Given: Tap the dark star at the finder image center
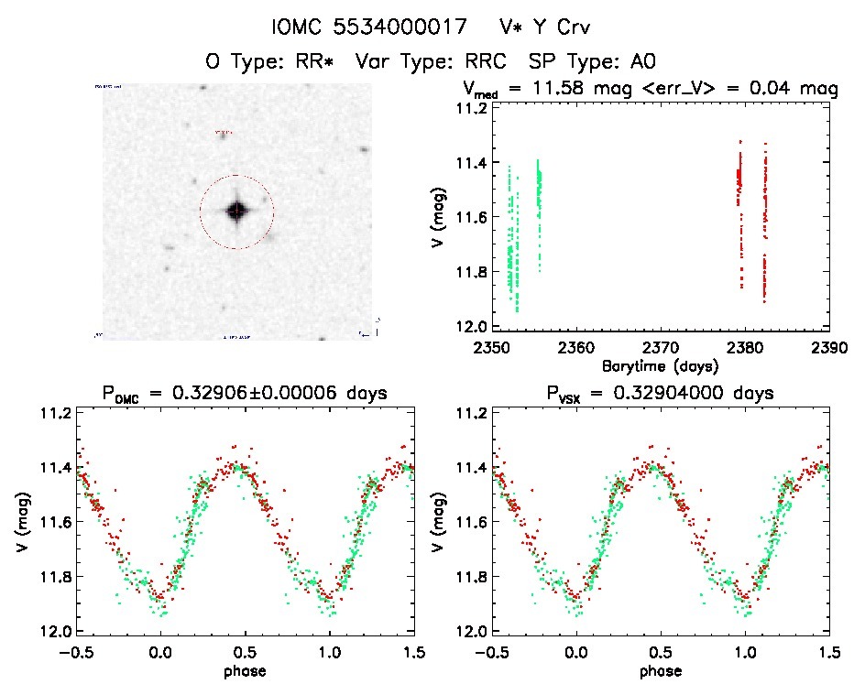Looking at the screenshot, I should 236,211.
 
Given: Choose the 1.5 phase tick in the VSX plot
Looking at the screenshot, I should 829,653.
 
